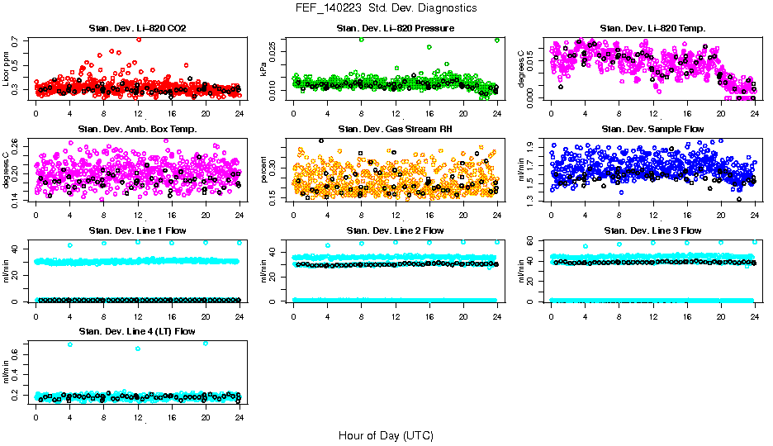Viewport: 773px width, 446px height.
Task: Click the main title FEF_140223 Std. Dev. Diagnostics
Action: tap(386, 8)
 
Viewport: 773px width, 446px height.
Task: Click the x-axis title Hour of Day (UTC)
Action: tap(386, 435)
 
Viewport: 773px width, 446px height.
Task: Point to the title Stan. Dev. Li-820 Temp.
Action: tap(652, 28)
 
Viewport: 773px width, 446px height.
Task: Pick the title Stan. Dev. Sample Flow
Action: tap(652, 129)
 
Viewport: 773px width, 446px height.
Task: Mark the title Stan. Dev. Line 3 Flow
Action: tap(652, 230)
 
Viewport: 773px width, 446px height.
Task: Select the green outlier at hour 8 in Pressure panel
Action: tap(362, 40)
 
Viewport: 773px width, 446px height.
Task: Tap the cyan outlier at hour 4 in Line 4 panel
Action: tap(70, 344)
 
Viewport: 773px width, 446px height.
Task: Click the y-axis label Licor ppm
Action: tap(7, 70)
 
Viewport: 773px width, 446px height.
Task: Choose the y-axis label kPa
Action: tap(264, 70)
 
